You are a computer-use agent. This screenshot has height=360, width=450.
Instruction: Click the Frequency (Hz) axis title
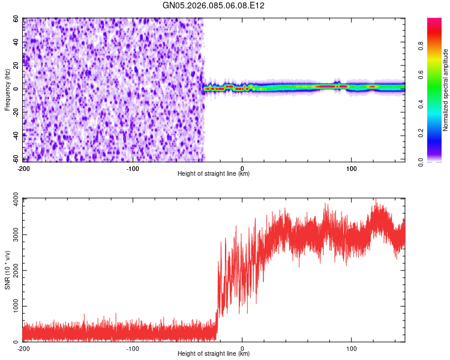click(7, 90)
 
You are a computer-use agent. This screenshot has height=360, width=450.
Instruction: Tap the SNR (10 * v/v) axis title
click(7, 269)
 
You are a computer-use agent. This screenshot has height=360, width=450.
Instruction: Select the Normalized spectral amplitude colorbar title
click(445, 90)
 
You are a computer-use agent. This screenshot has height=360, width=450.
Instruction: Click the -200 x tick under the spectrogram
click(24, 168)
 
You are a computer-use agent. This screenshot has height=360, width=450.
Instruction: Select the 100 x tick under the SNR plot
click(352, 348)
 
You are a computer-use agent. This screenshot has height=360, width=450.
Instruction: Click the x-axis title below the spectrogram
click(214, 174)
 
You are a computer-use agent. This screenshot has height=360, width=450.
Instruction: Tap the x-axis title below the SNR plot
click(214, 354)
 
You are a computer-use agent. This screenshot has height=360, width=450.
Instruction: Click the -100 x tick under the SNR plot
click(133, 348)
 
